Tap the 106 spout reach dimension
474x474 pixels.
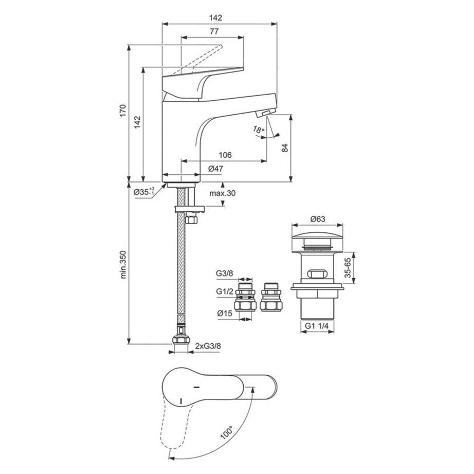coord(224,155)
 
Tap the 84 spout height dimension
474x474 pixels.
coord(300,147)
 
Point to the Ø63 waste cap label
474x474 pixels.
coord(318,218)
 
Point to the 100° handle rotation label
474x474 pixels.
coord(227,431)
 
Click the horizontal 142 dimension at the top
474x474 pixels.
coord(216,17)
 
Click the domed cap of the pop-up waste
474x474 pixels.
coord(318,240)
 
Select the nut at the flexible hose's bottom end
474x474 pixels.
coord(182,340)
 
